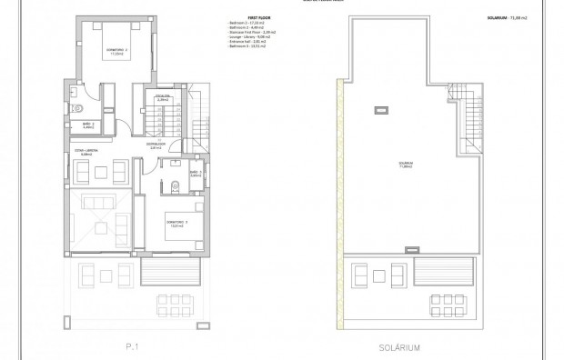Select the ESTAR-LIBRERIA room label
[x=86, y=152]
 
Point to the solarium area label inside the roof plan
[x=402, y=165]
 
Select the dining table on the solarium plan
[x=445, y=301]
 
